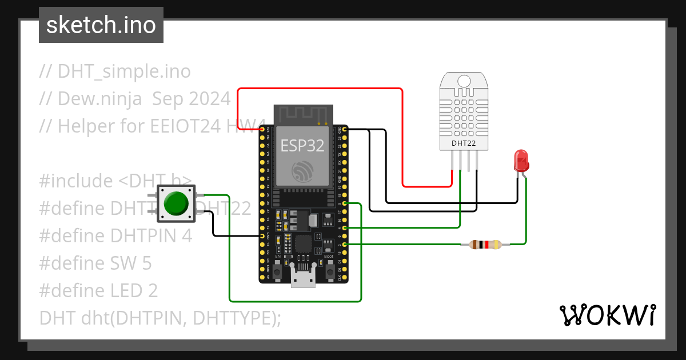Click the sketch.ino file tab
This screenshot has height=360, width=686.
click(x=101, y=25)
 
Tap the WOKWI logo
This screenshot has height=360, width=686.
click(x=607, y=315)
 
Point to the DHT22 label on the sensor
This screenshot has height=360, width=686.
click(x=464, y=143)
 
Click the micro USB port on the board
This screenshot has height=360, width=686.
click(x=303, y=279)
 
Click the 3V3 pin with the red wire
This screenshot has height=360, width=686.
click(x=262, y=130)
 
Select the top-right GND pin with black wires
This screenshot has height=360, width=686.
click(x=344, y=130)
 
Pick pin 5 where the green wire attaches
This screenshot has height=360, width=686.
click(x=344, y=203)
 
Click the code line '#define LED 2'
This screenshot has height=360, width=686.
click(x=98, y=291)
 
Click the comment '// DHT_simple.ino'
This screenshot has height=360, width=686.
click(x=115, y=71)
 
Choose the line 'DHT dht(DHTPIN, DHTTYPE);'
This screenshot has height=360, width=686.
click(x=160, y=318)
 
